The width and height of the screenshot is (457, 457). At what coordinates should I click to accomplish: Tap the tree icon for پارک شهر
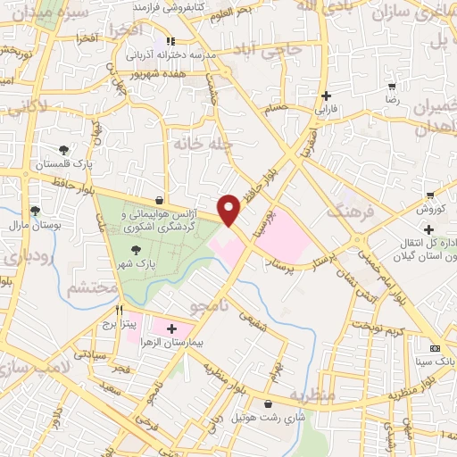coord(136,251)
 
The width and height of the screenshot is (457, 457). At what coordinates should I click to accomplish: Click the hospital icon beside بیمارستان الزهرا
coord(171,328)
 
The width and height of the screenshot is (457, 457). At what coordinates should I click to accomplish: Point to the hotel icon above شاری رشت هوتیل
coord(270,404)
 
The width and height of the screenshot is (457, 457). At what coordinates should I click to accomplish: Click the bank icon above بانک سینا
coord(435,347)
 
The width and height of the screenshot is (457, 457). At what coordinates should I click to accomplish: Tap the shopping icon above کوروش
coord(431,195)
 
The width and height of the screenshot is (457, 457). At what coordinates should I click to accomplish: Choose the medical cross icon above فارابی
coord(327,96)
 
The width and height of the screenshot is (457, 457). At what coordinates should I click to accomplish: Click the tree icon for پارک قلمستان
coord(63,151)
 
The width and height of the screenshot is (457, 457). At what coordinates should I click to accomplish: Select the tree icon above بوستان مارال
coord(35,211)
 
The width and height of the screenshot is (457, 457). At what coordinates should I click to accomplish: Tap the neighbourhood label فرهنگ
coord(346,212)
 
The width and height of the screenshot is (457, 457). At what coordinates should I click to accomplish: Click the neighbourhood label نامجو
coord(210,306)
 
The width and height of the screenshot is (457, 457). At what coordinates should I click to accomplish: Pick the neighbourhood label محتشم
coord(92,287)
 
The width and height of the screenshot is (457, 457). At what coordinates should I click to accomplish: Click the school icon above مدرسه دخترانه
coord(170,41)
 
